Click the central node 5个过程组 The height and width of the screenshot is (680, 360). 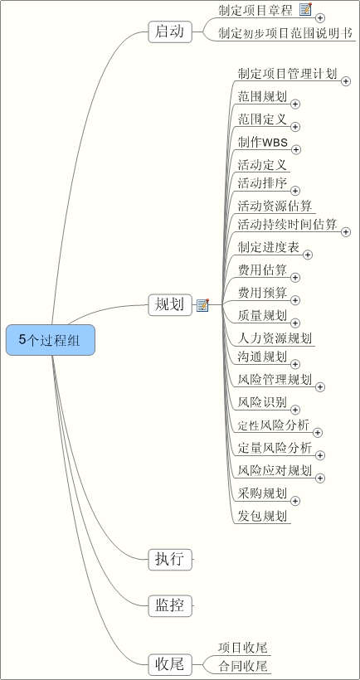tap(51, 340)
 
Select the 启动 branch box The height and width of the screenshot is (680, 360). tap(170, 32)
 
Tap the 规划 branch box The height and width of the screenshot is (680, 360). tap(170, 305)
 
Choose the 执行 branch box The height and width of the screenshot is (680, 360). tap(170, 560)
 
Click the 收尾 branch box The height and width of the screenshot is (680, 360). tap(170, 664)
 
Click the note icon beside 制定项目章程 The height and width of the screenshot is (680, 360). tap(306, 9)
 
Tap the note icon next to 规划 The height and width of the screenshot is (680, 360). tap(203, 305)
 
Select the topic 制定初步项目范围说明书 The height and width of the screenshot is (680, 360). tap(285, 33)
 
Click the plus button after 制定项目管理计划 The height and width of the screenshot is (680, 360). tap(346, 81)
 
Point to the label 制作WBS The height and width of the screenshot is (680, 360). tap(263, 142)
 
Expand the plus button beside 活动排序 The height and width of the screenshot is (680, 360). tap(295, 191)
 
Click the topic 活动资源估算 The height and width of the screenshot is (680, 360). tap(275, 205)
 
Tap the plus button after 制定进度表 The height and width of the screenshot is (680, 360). tap(308, 255)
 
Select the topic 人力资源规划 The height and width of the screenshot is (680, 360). tap(275, 338)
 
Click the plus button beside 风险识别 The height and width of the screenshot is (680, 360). tap(295, 410)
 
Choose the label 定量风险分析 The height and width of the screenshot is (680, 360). tap(275, 448)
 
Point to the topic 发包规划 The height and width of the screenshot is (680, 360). tap(262, 516)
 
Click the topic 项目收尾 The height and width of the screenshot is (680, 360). tap(242, 648)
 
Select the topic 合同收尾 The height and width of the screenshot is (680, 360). tap(242, 666)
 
